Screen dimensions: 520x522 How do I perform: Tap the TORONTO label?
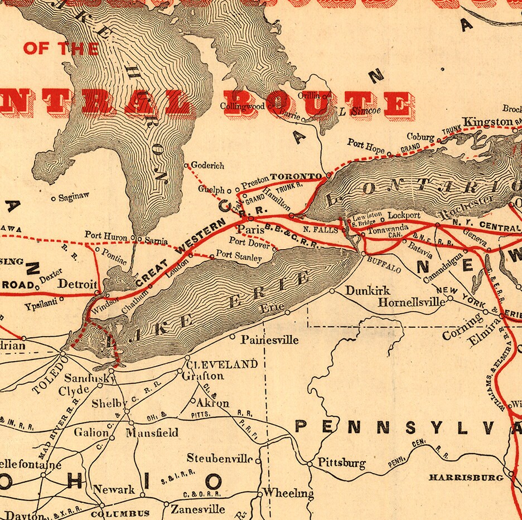[296, 176]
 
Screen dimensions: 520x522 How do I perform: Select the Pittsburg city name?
[341, 463]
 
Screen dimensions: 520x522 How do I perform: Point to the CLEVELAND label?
[221, 365]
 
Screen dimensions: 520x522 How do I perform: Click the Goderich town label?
[208, 166]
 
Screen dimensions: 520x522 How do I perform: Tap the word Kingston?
[487, 122]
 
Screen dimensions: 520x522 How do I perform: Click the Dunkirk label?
[368, 290]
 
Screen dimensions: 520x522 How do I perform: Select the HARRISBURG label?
[466, 478]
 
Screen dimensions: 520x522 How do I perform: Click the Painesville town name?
[269, 339]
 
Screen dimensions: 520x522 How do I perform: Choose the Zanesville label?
[198, 509]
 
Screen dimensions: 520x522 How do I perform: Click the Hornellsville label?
[412, 302]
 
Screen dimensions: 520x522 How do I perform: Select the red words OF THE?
[61, 48]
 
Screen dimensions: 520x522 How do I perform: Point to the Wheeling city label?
[288, 493]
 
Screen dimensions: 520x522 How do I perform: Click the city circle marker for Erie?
[288, 313]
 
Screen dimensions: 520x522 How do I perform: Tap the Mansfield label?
[152, 432]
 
